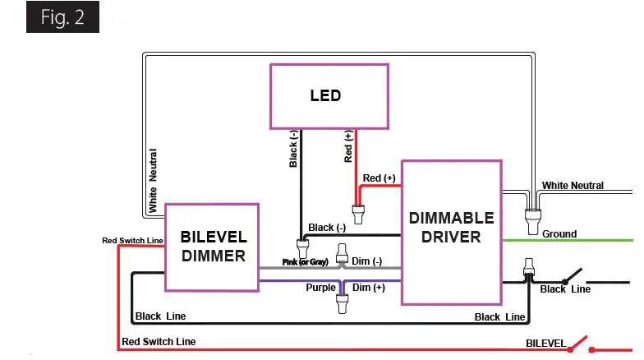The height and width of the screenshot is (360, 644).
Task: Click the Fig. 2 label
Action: (62, 19)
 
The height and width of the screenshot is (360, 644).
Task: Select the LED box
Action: (329, 95)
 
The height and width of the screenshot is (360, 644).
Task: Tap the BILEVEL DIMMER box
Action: (213, 247)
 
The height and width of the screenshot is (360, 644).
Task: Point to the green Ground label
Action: (559, 234)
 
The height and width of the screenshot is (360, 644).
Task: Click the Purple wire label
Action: (320, 288)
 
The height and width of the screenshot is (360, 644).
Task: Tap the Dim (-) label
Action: (367, 261)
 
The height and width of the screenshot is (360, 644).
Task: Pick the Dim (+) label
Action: (368, 288)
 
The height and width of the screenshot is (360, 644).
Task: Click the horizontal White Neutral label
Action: (573, 186)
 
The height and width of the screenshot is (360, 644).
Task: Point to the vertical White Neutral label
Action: (154, 180)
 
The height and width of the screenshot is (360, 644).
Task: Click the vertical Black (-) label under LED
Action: (294, 148)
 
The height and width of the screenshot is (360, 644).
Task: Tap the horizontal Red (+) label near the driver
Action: (379, 178)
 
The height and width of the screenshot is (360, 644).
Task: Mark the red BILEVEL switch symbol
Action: (581, 342)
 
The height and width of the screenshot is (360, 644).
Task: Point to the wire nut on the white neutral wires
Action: (531, 219)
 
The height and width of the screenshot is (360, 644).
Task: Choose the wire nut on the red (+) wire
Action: (358, 215)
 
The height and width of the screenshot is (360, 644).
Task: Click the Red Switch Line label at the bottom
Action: (159, 341)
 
